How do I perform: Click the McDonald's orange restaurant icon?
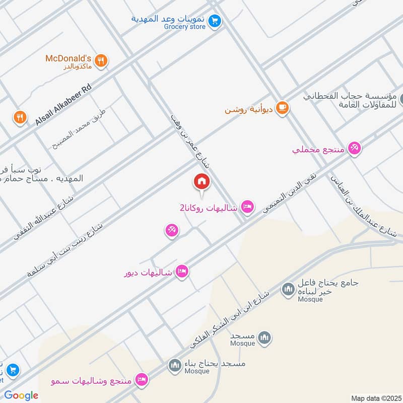coord(101,61)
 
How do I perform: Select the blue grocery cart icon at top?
coord(216,21)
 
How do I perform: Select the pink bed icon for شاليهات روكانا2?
coord(247,207)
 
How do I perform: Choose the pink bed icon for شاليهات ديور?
coord(182,272)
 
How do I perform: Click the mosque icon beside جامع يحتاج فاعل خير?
coord(288,290)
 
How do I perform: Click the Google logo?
coord(21,395)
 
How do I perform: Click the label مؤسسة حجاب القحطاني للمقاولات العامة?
coord(350,100)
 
